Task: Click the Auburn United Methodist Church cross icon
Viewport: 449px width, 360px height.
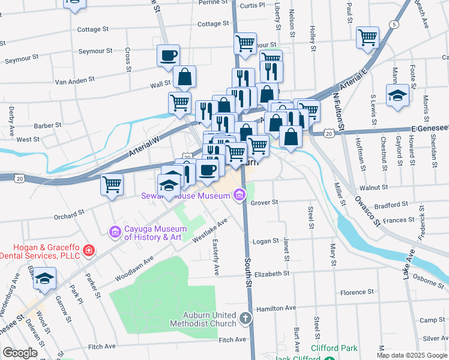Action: click(x=245, y=318)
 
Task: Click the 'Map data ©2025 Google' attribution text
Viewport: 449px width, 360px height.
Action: click(x=412, y=355)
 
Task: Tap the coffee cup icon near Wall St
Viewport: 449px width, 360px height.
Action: click(x=168, y=55)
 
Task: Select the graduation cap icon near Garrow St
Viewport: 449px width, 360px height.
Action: click(x=44, y=278)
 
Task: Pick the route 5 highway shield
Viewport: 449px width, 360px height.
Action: click(x=393, y=25)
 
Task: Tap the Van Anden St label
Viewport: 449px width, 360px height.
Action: click(x=74, y=79)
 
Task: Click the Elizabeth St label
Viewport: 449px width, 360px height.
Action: click(x=272, y=274)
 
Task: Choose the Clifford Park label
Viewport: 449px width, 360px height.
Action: click(x=334, y=348)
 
